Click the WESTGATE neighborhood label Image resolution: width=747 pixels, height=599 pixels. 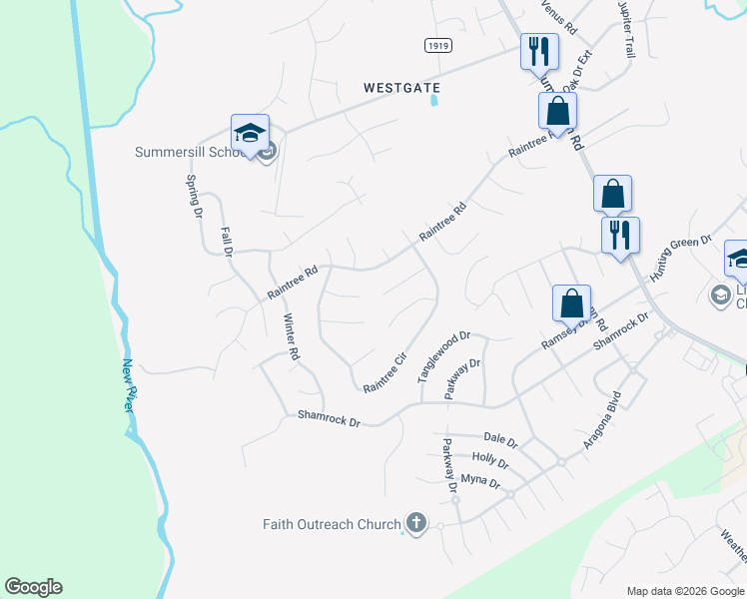(400, 88)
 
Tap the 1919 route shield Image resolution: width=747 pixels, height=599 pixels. (435, 45)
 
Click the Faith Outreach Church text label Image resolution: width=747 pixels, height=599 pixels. (332, 523)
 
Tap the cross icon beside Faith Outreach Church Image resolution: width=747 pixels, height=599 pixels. (415, 523)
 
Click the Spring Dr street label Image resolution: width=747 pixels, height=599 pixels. (194, 196)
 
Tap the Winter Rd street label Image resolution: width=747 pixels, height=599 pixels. (292, 337)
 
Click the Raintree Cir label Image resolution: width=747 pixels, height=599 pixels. (385, 371)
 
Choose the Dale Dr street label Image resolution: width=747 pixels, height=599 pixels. (500, 439)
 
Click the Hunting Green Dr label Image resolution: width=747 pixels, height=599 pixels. (680, 258)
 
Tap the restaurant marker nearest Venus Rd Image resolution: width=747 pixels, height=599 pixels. (539, 50)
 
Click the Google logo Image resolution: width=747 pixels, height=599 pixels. (33, 587)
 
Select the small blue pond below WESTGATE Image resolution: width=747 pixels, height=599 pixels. (434, 101)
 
